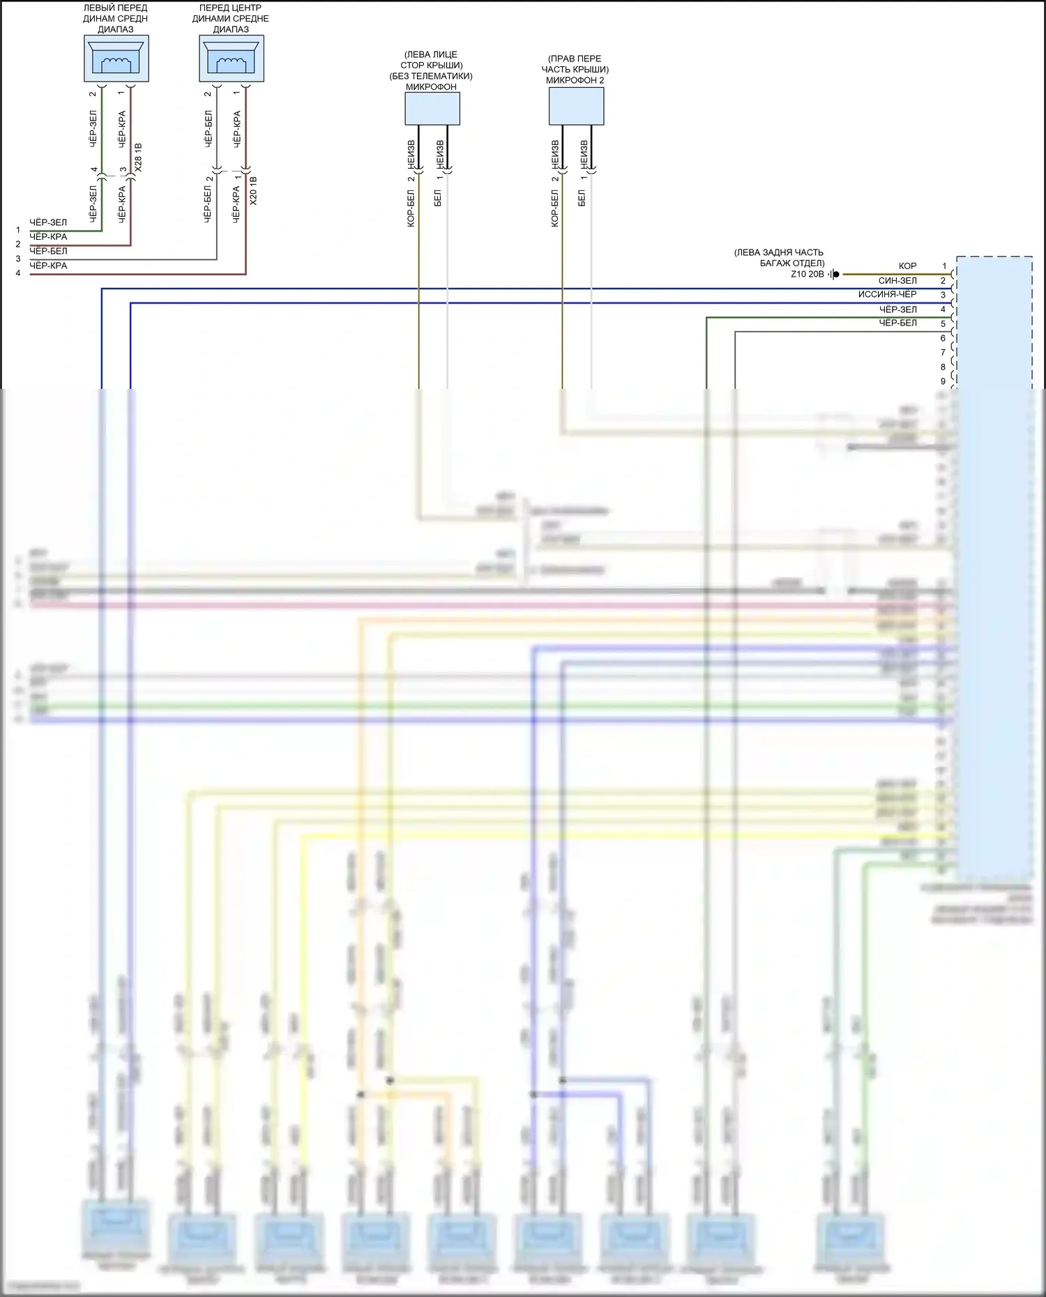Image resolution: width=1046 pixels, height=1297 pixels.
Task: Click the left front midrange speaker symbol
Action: [116, 59]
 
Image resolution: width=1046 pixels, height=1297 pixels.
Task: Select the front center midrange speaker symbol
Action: [232, 59]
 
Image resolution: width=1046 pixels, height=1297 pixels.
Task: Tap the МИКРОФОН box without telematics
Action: [432, 109]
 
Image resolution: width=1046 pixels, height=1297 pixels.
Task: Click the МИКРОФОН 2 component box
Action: [576, 106]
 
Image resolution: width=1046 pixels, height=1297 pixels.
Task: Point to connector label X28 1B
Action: [138, 158]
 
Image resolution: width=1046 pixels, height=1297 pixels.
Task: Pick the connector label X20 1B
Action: [253, 190]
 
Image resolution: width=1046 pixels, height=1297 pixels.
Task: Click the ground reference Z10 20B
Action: [807, 275]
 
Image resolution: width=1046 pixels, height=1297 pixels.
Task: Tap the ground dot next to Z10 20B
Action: [836, 275]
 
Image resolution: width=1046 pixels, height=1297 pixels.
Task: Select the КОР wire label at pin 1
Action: [907, 266]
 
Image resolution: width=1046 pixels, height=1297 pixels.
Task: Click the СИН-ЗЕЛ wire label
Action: [897, 280]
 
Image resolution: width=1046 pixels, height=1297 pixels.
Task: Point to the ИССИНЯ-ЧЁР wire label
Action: [887, 295]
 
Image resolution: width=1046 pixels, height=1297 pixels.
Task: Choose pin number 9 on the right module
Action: [943, 381]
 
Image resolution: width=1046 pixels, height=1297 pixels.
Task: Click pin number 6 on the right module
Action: [943, 338]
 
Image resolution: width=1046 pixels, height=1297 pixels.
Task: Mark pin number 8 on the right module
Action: [943, 367]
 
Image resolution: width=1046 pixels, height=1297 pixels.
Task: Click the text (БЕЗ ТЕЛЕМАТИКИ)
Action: [431, 76]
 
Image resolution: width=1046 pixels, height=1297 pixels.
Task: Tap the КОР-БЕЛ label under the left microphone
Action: [411, 208]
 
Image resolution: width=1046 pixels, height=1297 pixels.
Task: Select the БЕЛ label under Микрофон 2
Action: [582, 198]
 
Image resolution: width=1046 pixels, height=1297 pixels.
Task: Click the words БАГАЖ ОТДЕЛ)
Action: [792, 263]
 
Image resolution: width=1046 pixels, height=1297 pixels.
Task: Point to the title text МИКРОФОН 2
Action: [575, 80]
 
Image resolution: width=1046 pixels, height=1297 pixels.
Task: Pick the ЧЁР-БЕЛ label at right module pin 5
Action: [897, 323]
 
